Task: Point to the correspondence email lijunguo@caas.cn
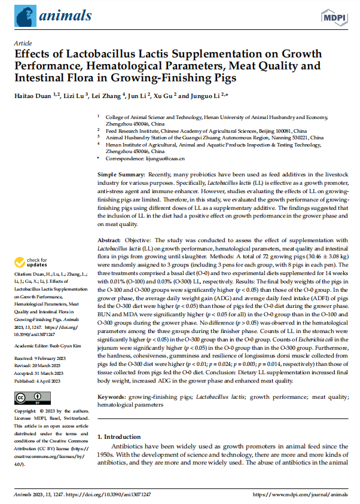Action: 184,158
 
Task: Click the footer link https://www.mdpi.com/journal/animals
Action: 300,495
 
